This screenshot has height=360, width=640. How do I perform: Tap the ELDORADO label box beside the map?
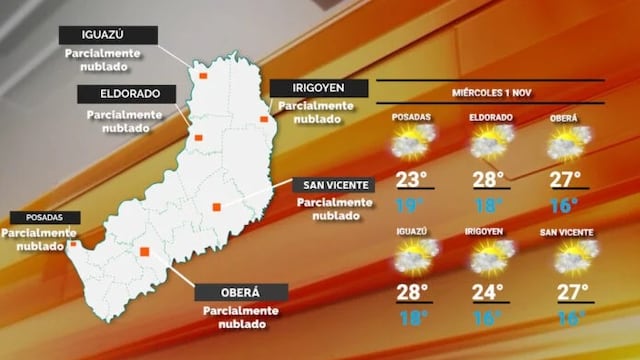coord(127,94)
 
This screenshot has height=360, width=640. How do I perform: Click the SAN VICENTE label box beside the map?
coord(333,185)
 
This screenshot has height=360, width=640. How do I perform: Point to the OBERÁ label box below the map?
coord(240,292)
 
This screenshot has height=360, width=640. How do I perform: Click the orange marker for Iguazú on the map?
coord(202,75)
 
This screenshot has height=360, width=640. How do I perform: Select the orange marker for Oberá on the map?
coord(145,252)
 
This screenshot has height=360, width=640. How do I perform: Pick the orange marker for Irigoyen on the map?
coord(264,119)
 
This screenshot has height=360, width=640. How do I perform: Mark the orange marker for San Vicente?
coord(216,207)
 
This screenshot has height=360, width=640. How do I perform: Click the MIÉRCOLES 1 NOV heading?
coord(491,93)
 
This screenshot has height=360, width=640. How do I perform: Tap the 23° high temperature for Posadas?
coord(411,181)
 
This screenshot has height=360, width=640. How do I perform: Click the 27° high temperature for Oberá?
coord(567,181)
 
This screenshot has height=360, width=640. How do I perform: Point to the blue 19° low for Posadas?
coord(410,207)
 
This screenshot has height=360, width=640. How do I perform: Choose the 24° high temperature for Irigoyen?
coord(490,294)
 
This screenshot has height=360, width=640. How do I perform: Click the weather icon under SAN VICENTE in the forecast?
coord(568,258)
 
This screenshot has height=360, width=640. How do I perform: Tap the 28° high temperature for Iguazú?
coord(411,294)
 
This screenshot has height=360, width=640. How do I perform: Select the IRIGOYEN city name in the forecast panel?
coord(490,232)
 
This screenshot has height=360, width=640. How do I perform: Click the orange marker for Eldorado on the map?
coord(199,138)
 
